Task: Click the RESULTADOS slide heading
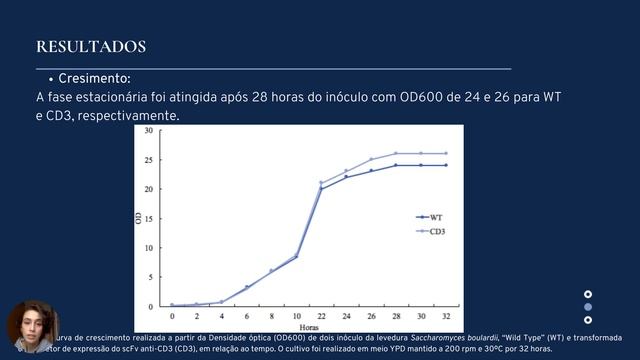(91, 47)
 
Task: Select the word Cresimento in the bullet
(94, 79)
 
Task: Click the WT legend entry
(437, 216)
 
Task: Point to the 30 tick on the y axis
(149, 130)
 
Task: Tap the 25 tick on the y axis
(149, 160)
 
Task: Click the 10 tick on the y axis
(149, 248)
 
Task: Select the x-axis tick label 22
(322, 315)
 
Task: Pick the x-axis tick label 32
(445, 315)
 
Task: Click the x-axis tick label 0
(172, 315)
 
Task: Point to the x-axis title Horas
(309, 326)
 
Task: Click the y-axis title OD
(138, 218)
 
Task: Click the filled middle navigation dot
(588, 307)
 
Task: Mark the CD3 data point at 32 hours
(445, 154)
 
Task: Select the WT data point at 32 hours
(445, 165)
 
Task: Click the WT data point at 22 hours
(322, 189)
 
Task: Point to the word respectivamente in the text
(128, 116)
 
